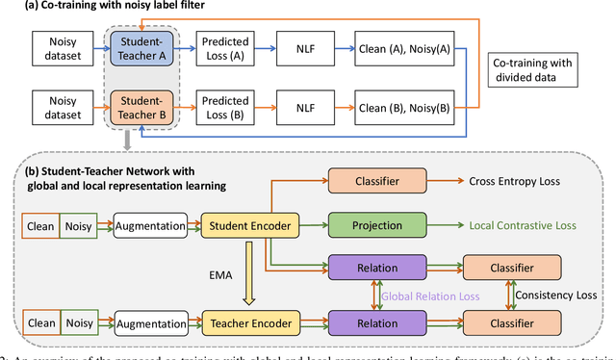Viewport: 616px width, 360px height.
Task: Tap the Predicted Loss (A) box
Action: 227,46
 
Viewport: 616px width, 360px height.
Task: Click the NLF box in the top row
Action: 307,46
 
